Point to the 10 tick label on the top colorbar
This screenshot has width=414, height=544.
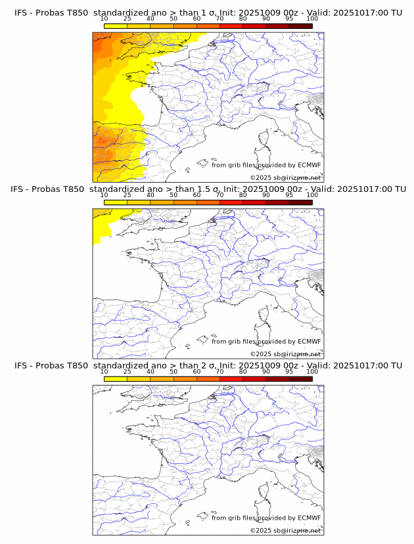[x=104, y=19]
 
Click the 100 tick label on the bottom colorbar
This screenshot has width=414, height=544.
[x=312, y=372]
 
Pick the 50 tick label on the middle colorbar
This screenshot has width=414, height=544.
[x=173, y=195]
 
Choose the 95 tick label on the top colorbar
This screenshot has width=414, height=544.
[x=289, y=19]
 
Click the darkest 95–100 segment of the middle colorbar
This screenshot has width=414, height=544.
[x=300, y=202]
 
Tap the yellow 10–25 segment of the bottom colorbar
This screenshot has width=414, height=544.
[x=116, y=378]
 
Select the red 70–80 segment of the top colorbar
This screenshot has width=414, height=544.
[x=231, y=26]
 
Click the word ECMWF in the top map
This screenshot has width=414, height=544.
[x=310, y=165]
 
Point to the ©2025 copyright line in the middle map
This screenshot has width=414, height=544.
[x=285, y=353]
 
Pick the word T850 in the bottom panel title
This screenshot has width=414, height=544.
[x=78, y=365]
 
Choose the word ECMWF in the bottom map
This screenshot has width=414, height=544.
[x=310, y=518]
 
